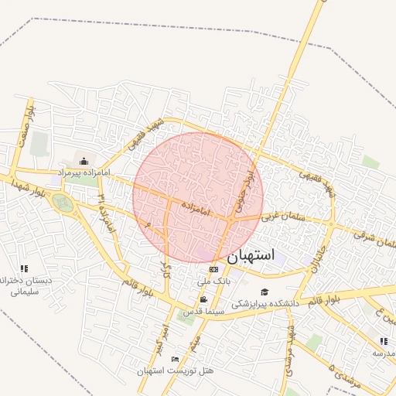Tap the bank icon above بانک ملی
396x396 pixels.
pyautogui.click(x=213, y=268)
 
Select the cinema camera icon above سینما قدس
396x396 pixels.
pyautogui.click(x=203, y=299)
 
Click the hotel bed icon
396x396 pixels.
pyautogui.click(x=175, y=360)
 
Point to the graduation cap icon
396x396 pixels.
pyautogui.click(x=265, y=292)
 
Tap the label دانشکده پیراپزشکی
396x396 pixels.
pyautogui.click(x=265, y=303)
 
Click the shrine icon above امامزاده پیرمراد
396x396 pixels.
pyautogui.click(x=84, y=160)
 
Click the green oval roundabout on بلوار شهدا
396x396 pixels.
pyautogui.click(x=63, y=203)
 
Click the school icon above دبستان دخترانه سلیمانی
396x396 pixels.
pyautogui.click(x=24, y=268)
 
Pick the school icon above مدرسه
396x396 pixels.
pyautogui.click(x=384, y=341)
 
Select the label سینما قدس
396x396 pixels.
pyautogui.click(x=204, y=311)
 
